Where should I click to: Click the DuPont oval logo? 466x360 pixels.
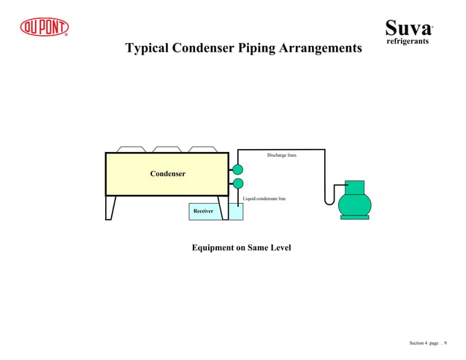44,27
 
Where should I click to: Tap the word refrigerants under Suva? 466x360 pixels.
407,42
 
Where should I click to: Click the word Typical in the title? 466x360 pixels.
150,49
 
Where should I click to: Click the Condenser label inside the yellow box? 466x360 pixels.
167,174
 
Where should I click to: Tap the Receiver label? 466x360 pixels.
203,211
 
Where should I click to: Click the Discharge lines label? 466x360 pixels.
281,156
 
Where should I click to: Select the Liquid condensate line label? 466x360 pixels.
264,199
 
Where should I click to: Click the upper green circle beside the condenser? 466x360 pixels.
237,170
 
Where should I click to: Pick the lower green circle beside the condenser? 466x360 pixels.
237,183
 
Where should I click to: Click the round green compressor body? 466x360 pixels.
354,204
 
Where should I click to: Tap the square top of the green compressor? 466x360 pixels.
354,186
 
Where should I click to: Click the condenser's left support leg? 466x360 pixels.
110,207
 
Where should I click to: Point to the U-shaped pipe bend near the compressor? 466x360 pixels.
329,199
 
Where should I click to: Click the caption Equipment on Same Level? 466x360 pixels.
241,248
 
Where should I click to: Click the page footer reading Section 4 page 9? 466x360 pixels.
428,343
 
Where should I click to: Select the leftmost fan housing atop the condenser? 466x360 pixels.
129,149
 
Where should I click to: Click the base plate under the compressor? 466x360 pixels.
354,217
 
